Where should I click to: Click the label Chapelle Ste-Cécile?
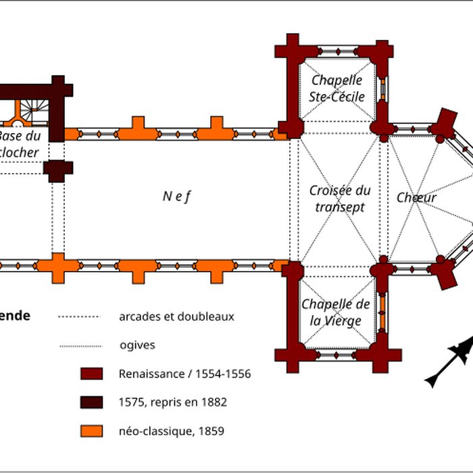click(x=337, y=89)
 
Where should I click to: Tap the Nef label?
click(x=177, y=197)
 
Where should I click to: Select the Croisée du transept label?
click(x=340, y=199)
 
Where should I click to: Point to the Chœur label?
click(x=416, y=198)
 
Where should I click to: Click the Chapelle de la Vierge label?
click(x=336, y=312)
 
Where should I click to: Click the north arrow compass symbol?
click(x=449, y=357)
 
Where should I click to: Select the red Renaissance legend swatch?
click(x=91, y=374)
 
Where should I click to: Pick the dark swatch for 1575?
click(x=91, y=402)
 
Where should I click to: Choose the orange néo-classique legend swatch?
click(x=91, y=430)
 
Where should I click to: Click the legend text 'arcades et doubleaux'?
click(x=176, y=316)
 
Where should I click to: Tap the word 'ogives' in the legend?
click(x=137, y=345)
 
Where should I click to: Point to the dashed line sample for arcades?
click(x=78, y=316)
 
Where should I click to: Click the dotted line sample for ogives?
click(x=78, y=345)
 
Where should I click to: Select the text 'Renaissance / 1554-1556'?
click(x=184, y=374)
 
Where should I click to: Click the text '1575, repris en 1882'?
click(x=172, y=402)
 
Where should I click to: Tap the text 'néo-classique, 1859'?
click(x=172, y=430)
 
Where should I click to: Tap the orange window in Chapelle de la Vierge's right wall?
click(x=382, y=310)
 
